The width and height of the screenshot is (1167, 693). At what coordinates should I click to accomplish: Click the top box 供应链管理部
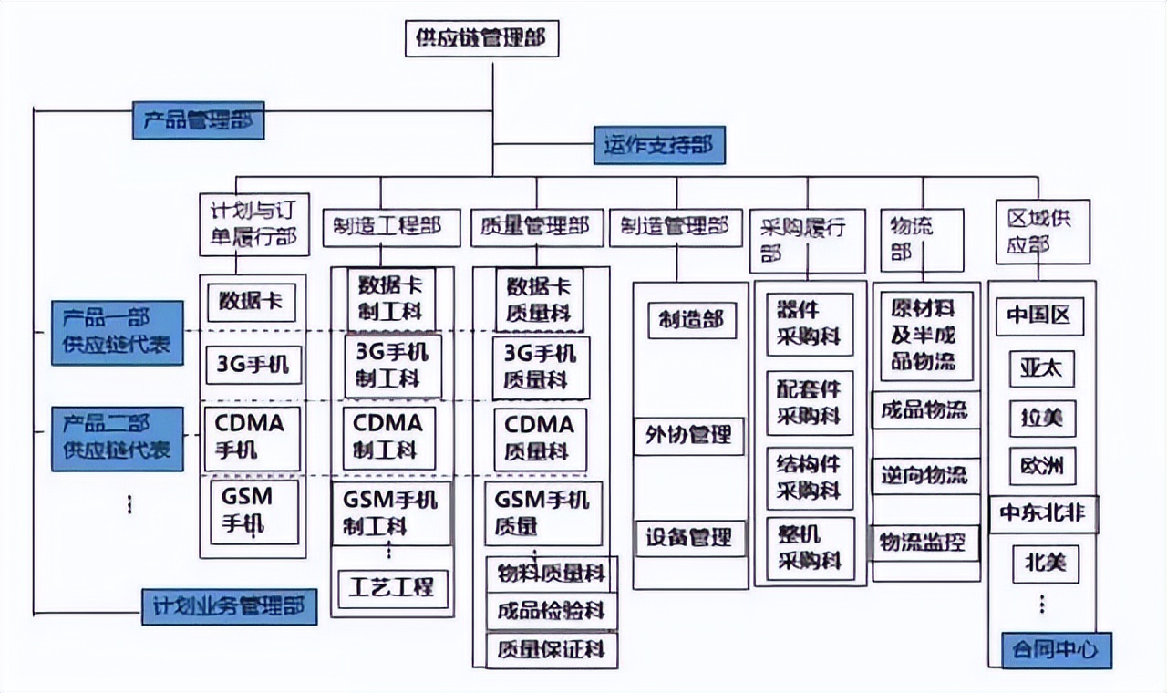coord(481,39)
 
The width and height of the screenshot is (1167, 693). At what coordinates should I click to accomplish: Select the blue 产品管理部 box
coord(198,120)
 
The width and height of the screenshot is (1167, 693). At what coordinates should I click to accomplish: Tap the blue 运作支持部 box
coord(659,145)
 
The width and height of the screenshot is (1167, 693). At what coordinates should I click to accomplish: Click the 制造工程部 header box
coord(381,227)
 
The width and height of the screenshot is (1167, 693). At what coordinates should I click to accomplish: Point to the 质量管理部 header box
coord(536,227)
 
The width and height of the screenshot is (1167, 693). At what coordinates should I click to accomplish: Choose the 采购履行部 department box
coord(807,240)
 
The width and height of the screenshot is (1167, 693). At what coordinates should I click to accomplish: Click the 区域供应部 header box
coord(1042,232)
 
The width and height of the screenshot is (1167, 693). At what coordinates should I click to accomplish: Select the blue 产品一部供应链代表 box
coord(117,333)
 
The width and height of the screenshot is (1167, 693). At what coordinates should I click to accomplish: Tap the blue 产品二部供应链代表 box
coord(117,438)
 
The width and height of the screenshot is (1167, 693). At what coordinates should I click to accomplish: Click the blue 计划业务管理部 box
coord(229,606)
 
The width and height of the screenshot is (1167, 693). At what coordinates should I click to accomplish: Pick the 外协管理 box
coord(689,435)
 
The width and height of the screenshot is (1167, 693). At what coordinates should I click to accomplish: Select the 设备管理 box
coord(689,537)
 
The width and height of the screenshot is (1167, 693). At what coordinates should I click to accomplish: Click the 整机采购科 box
coord(810,548)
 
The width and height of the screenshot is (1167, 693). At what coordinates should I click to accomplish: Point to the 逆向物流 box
coord(924,475)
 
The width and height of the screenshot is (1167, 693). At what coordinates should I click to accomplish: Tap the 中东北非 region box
coord(1043,514)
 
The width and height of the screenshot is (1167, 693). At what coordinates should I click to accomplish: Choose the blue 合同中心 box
coord(1056,650)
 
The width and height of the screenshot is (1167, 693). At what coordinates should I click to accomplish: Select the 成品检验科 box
coord(551,610)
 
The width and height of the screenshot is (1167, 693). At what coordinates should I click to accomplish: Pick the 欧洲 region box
coord(1042,467)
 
